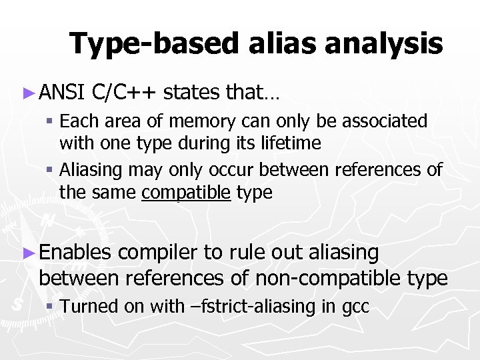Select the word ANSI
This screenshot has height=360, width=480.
click(62, 93)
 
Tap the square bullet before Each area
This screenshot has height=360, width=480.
click(51, 122)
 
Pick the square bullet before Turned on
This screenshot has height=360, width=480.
click(51, 307)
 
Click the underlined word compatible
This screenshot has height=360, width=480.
click(187, 193)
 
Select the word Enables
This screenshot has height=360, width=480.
click(75, 253)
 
